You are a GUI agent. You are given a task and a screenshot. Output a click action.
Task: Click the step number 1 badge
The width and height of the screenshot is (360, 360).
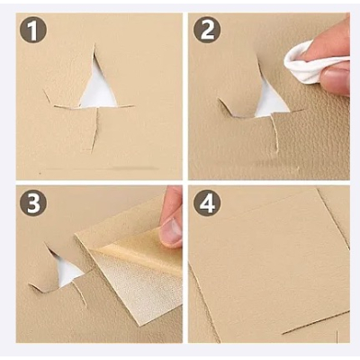point(32,32)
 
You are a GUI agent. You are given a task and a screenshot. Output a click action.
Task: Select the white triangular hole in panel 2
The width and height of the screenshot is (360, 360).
point(269,102)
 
